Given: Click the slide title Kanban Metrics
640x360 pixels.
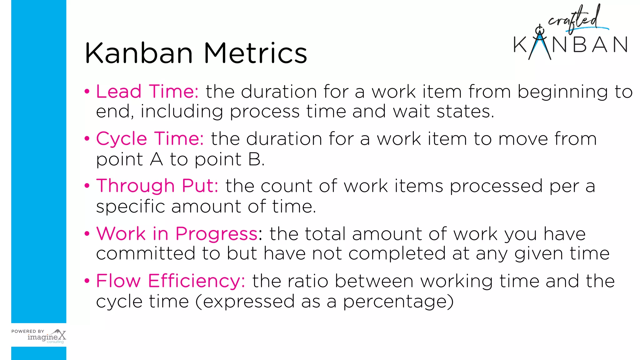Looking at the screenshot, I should coord(196,53).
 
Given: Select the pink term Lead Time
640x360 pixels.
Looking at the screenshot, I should coord(147,92).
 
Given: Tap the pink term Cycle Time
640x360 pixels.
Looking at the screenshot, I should coord(150,139).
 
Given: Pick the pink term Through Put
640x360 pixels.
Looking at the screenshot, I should coord(157,186).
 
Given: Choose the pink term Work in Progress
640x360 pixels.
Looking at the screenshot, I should coord(177,233).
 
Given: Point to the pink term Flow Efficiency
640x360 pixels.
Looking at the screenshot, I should coord(170,281).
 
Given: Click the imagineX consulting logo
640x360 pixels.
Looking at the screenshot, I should coord(47,337).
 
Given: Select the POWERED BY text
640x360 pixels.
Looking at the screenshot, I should coord(28,331).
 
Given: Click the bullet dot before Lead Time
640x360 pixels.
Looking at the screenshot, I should coord(87,92).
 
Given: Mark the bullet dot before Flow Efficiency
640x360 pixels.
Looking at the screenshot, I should coord(87,281).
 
